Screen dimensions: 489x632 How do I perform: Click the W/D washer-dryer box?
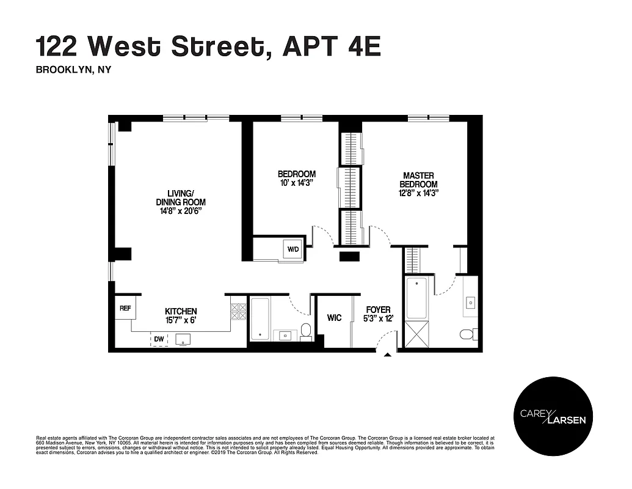[x=293, y=249]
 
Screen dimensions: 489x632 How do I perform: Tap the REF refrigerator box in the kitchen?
[x=125, y=309]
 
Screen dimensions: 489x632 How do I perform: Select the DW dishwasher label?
[x=159, y=338]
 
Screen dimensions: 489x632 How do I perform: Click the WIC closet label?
[x=334, y=318]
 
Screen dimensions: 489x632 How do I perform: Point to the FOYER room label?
[x=378, y=310]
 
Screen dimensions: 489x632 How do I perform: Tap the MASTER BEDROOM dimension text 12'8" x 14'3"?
[x=418, y=193]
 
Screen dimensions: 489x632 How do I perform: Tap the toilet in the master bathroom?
[x=468, y=334]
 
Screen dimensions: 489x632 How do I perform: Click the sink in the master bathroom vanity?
[x=471, y=302]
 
